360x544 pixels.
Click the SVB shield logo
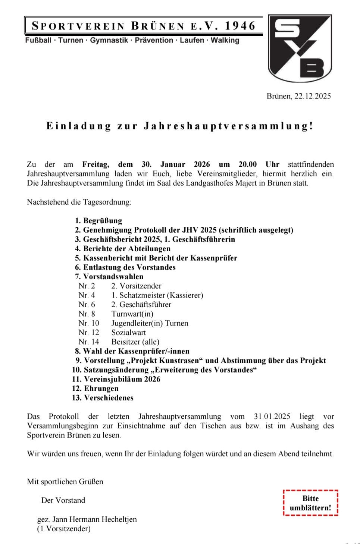pos(300,48)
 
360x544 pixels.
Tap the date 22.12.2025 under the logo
pos(313,96)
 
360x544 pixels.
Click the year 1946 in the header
pos(240,26)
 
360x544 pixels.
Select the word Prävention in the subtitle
pos(154,40)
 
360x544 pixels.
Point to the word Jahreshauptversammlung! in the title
pos(229,126)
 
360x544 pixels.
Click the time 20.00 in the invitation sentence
pos(248,164)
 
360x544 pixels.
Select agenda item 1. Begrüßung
pos(98,221)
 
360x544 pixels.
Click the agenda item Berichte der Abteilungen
pos(123,249)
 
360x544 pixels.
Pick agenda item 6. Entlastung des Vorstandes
pos(125,267)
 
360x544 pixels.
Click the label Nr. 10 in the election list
pos(89,323)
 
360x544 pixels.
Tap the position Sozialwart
pos(129,333)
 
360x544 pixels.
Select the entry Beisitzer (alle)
pos(135,342)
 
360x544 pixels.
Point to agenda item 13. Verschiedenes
pos(103,398)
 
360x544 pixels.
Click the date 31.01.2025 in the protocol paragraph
pos(272,416)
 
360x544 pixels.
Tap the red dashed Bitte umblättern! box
pos(310,503)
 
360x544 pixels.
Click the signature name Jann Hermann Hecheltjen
pos(94,519)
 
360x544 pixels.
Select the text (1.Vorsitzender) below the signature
pos(64,529)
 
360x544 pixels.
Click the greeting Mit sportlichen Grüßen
pos(65,482)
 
